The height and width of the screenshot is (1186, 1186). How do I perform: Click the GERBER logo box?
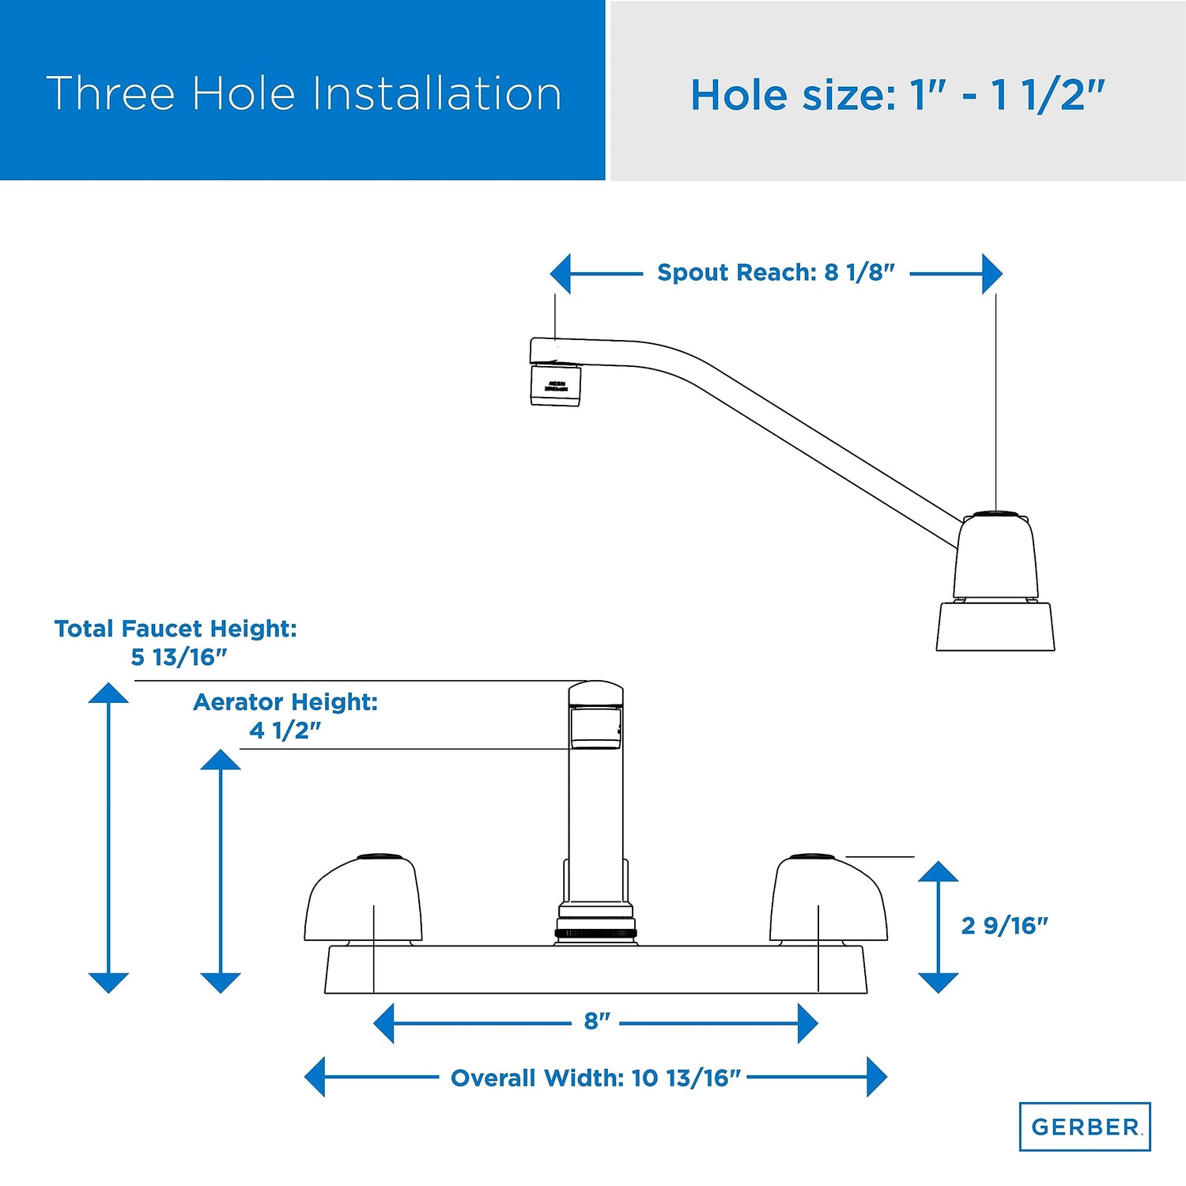(1084, 1126)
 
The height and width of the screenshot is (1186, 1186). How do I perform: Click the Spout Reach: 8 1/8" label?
(776, 273)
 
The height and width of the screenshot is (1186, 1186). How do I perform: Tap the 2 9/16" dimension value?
(1004, 925)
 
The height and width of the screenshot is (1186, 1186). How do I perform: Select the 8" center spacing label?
(597, 1021)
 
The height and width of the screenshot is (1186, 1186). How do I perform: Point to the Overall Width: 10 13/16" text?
(595, 1078)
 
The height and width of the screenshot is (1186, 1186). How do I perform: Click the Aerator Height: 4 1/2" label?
(285, 716)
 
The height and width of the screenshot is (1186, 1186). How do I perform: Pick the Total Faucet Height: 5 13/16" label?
(176, 642)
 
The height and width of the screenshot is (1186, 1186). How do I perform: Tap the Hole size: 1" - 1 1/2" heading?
(897, 95)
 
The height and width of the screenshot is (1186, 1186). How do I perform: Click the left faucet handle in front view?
(363, 899)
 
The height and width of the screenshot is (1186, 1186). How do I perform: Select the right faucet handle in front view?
(829, 899)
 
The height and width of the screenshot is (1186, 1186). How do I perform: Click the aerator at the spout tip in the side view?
(555, 385)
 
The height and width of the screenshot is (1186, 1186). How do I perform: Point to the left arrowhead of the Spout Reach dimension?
(561, 274)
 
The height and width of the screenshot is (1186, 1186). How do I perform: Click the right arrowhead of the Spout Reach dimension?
(992, 274)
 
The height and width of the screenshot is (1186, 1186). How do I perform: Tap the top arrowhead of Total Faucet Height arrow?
(108, 693)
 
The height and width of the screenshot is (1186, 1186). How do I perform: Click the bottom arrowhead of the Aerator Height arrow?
(221, 983)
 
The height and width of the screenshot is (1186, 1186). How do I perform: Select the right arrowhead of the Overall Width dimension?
(877, 1077)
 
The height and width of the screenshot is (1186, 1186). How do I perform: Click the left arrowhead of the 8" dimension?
(384, 1023)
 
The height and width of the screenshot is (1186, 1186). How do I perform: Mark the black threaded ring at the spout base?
(596, 933)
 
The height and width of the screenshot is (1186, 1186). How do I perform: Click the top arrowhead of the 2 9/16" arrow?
(939, 871)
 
